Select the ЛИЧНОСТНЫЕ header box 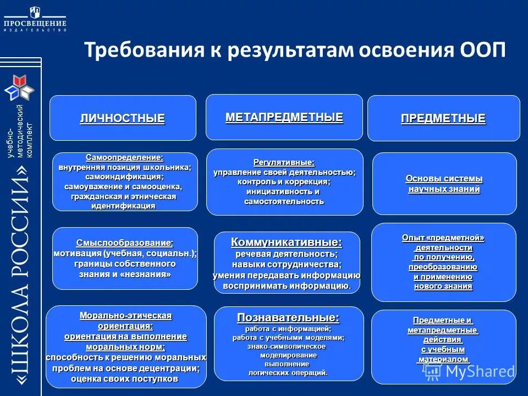[x=123, y=118]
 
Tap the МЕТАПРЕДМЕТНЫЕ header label [x=284, y=117]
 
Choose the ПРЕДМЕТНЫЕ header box [x=443, y=118]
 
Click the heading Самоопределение [x=124, y=157]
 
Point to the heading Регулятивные [x=284, y=162]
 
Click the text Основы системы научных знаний [x=444, y=184]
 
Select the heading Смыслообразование [x=125, y=243]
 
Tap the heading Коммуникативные [x=286, y=242]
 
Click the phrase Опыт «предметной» [x=443, y=238]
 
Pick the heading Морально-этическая [x=125, y=316]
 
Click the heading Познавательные [x=288, y=317]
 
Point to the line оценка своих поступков [x=125, y=379]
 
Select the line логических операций [x=288, y=373]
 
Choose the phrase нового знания [x=443, y=286]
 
